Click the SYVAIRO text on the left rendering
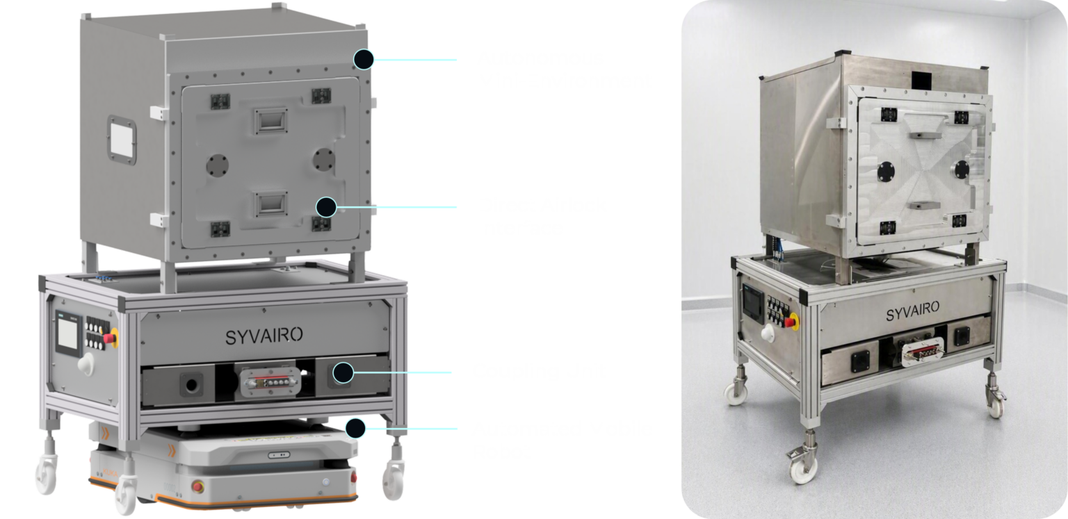pyautogui.click(x=264, y=336)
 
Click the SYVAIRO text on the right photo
pyautogui.click(x=912, y=311)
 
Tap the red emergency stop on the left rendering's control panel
pyautogui.click(x=110, y=338)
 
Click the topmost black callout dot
pyautogui.click(x=364, y=60)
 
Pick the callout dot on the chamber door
pyautogui.click(x=326, y=207)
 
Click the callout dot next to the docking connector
pyautogui.click(x=343, y=372)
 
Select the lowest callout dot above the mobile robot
pyautogui.click(x=356, y=429)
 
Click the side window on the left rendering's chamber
pyautogui.click(x=122, y=140)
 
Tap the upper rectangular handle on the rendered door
pyautogui.click(x=270, y=121)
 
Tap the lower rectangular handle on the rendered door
pyautogui.click(x=270, y=204)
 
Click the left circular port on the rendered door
pyautogui.click(x=218, y=165)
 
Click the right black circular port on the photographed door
pyautogui.click(x=962, y=169)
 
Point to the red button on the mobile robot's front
pyautogui.click(x=197, y=486)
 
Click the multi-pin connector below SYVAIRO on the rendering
pyautogui.click(x=270, y=381)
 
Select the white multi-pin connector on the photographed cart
pyautogui.click(x=923, y=352)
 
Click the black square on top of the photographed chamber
pyautogui.click(x=921, y=81)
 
